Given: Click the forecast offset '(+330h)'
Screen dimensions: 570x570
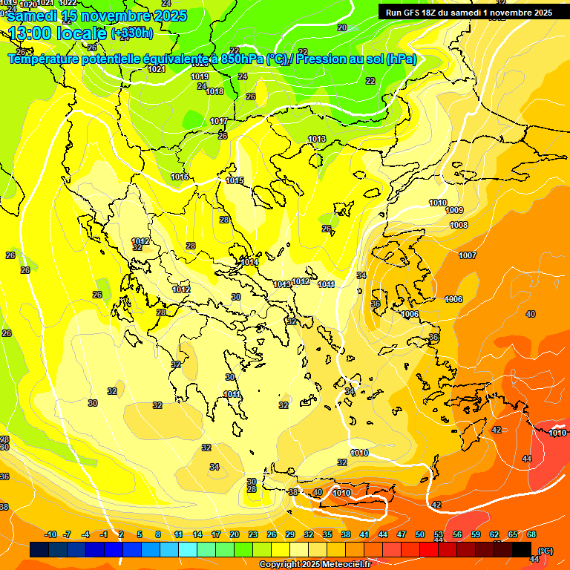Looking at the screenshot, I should point(132,33).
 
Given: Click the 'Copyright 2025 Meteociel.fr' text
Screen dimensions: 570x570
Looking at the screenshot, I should point(314,564).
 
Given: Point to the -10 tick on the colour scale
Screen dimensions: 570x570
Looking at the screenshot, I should point(50,534).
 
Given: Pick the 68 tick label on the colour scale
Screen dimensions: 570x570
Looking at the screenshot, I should point(531,534).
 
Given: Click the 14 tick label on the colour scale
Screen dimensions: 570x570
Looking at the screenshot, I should point(197,534).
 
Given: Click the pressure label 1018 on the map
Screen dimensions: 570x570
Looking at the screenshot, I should point(214,91).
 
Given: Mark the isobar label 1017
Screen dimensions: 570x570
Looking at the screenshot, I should point(219,121).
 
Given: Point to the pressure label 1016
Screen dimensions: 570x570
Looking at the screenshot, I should point(180,177).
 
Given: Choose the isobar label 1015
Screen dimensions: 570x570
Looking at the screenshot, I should point(235,181).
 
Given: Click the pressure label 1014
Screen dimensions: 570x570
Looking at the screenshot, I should point(249,262).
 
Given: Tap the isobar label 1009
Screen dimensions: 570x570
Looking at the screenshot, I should point(454,210).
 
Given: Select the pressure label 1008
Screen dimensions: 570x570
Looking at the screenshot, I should point(459,225).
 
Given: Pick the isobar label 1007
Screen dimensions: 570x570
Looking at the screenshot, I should point(468,255).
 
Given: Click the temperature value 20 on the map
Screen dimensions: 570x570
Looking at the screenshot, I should point(341,27).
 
